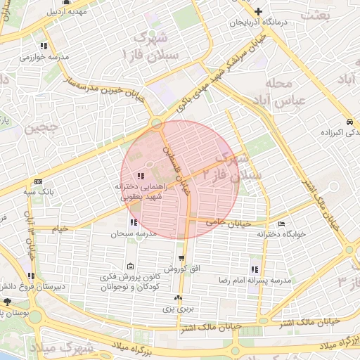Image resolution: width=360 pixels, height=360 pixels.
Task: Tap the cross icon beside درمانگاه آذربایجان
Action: point(259,11)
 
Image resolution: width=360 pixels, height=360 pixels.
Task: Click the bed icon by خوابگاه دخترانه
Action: point(282,224)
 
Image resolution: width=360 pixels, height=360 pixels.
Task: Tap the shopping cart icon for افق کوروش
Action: point(181,259)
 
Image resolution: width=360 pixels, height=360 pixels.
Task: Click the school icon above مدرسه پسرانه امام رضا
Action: point(254,269)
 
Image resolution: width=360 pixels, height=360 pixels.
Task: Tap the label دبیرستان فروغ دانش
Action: point(30,286)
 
